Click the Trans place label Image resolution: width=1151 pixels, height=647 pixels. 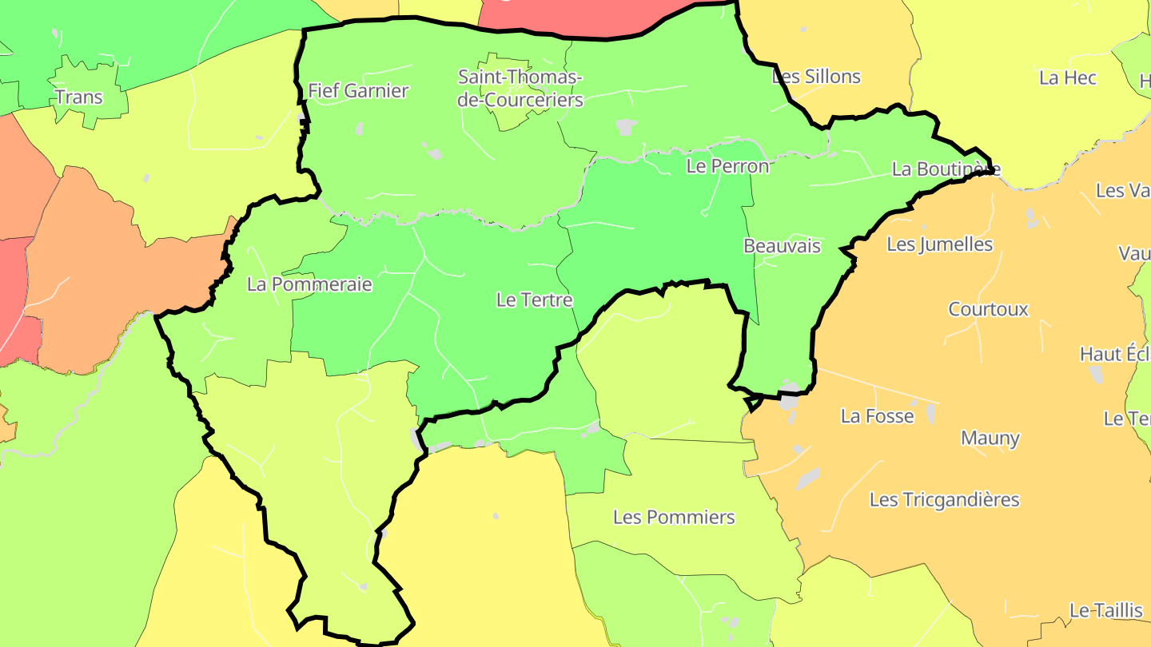[79, 97]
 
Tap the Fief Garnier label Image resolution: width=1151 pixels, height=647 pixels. [358, 91]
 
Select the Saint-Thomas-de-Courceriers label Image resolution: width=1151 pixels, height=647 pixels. [520, 89]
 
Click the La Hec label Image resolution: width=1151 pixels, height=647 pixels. [1068, 77]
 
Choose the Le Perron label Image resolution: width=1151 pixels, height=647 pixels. [727, 166]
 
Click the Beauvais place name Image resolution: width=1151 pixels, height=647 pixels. [782, 246]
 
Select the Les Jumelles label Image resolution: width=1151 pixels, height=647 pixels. [939, 244]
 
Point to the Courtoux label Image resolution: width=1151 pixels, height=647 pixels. [988, 309]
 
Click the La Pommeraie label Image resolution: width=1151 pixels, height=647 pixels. [309, 284]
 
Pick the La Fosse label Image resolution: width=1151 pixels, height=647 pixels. [877, 416]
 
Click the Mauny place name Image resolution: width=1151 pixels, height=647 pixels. [990, 438]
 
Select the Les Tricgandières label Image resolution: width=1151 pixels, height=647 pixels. [944, 500]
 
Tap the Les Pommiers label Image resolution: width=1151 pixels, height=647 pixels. [674, 517]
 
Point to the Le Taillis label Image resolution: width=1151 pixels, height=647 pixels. [1106, 610]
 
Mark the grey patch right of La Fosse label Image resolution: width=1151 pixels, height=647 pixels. [930, 412]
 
